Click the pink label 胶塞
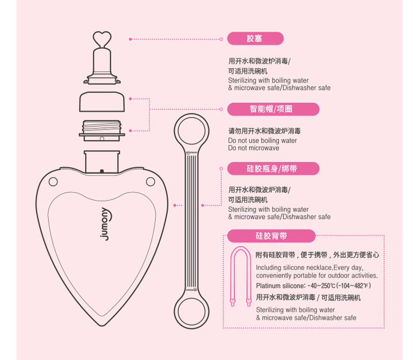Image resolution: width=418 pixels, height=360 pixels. [255, 38]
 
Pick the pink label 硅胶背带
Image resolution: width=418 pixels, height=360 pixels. [271, 236]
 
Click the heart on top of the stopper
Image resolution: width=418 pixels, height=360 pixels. [101, 38]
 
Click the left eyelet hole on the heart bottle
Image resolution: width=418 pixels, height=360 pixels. [53, 182]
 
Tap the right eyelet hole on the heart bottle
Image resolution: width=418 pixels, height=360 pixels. [151, 182]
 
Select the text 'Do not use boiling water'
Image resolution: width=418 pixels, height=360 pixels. [262, 140]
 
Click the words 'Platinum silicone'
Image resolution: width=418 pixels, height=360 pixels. [280, 285]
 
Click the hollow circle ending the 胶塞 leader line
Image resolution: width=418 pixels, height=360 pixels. [221, 39]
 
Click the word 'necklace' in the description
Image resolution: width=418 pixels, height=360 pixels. [318, 268]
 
